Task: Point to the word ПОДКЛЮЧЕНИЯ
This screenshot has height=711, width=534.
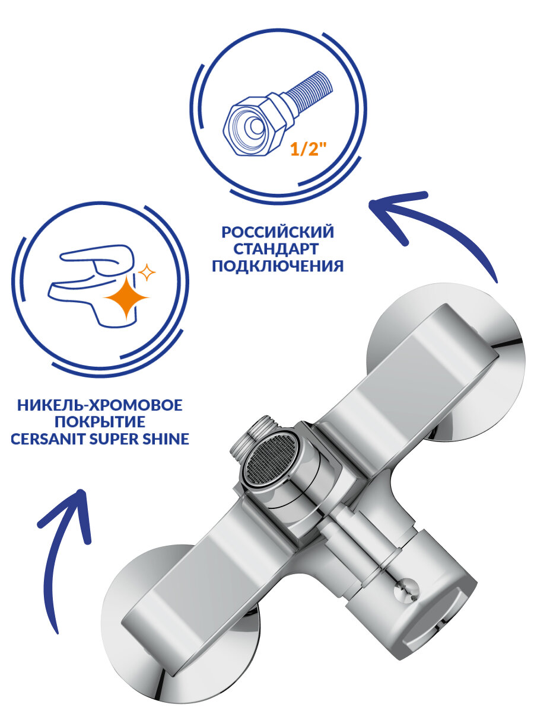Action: [x=277, y=265]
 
